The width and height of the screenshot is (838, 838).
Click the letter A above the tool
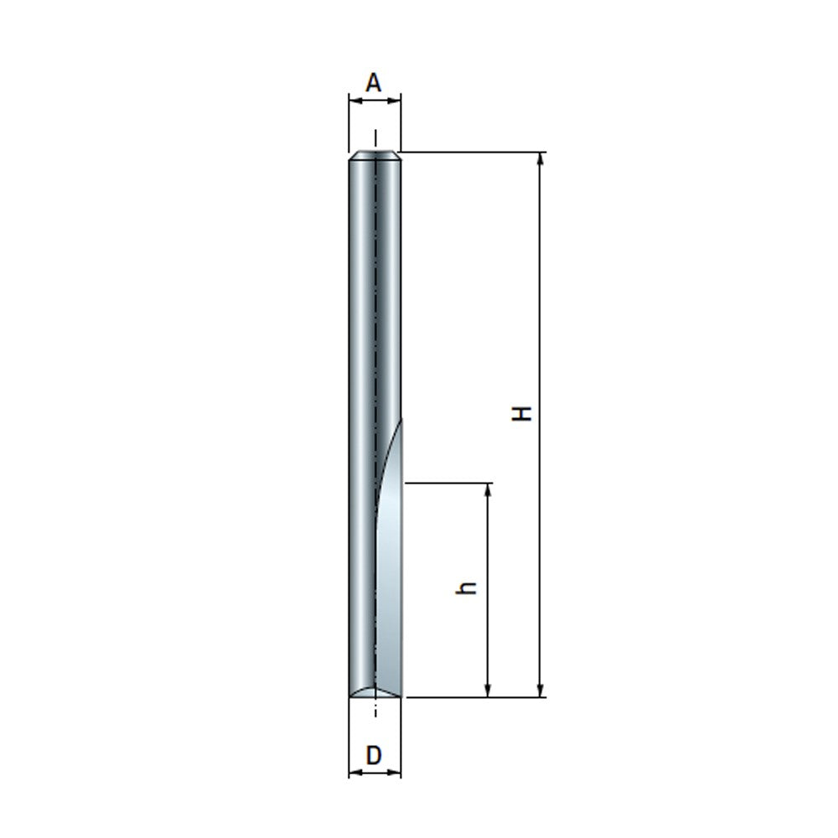click(x=374, y=82)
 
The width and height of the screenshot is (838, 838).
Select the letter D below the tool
click(x=374, y=755)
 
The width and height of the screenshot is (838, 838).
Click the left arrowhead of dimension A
click(x=354, y=101)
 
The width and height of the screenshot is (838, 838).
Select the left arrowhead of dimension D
click(x=354, y=773)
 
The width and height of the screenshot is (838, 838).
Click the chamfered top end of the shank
click(x=375, y=155)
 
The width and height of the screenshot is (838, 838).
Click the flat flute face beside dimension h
click(x=389, y=587)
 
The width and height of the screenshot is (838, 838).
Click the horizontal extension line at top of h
click(x=448, y=483)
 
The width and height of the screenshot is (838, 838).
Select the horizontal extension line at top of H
click(x=473, y=153)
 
